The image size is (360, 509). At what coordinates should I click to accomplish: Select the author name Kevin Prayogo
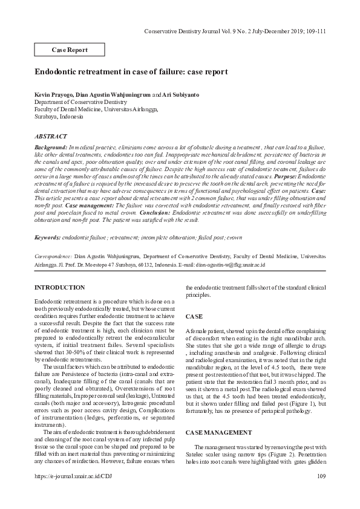coord(54,96)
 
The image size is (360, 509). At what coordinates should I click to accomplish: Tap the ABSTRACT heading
coord(51,137)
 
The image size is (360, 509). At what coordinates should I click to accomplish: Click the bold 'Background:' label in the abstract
coord(51,147)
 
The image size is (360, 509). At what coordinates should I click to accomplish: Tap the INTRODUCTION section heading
coord(60,287)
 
